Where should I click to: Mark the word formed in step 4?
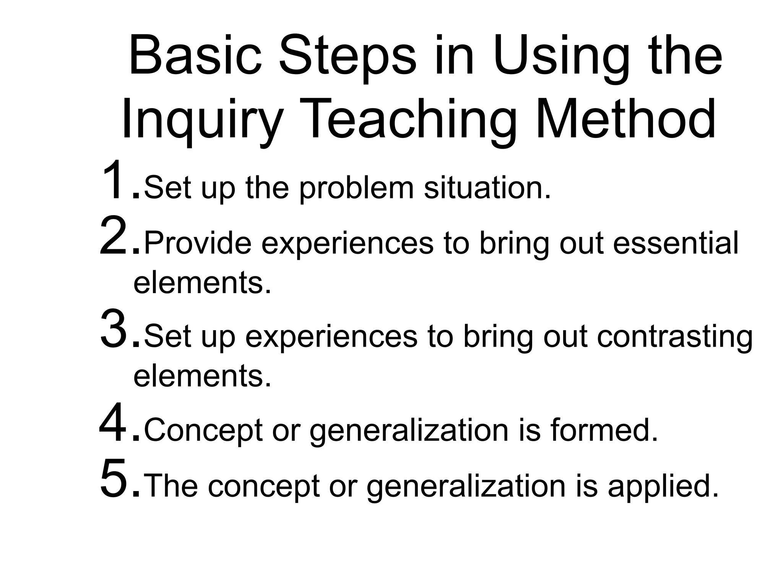click(604, 430)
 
